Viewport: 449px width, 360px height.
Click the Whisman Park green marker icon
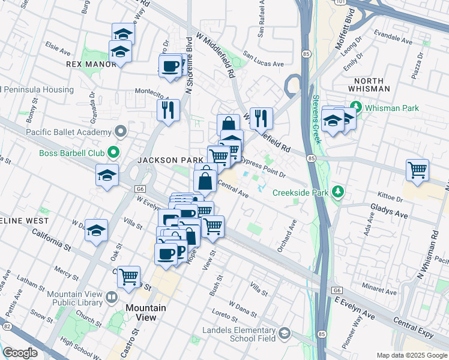click(356, 108)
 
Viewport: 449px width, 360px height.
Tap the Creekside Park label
click(301, 193)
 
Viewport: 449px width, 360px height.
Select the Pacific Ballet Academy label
click(68, 131)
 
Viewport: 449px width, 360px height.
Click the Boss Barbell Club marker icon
click(112, 153)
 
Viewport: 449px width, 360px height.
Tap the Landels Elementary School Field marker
click(284, 334)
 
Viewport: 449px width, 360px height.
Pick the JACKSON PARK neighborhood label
click(166, 160)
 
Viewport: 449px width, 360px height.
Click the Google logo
click(20, 352)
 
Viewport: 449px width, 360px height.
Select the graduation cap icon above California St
click(96, 230)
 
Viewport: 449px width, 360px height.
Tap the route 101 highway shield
click(341, 2)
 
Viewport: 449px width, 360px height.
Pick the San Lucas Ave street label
click(263, 63)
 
